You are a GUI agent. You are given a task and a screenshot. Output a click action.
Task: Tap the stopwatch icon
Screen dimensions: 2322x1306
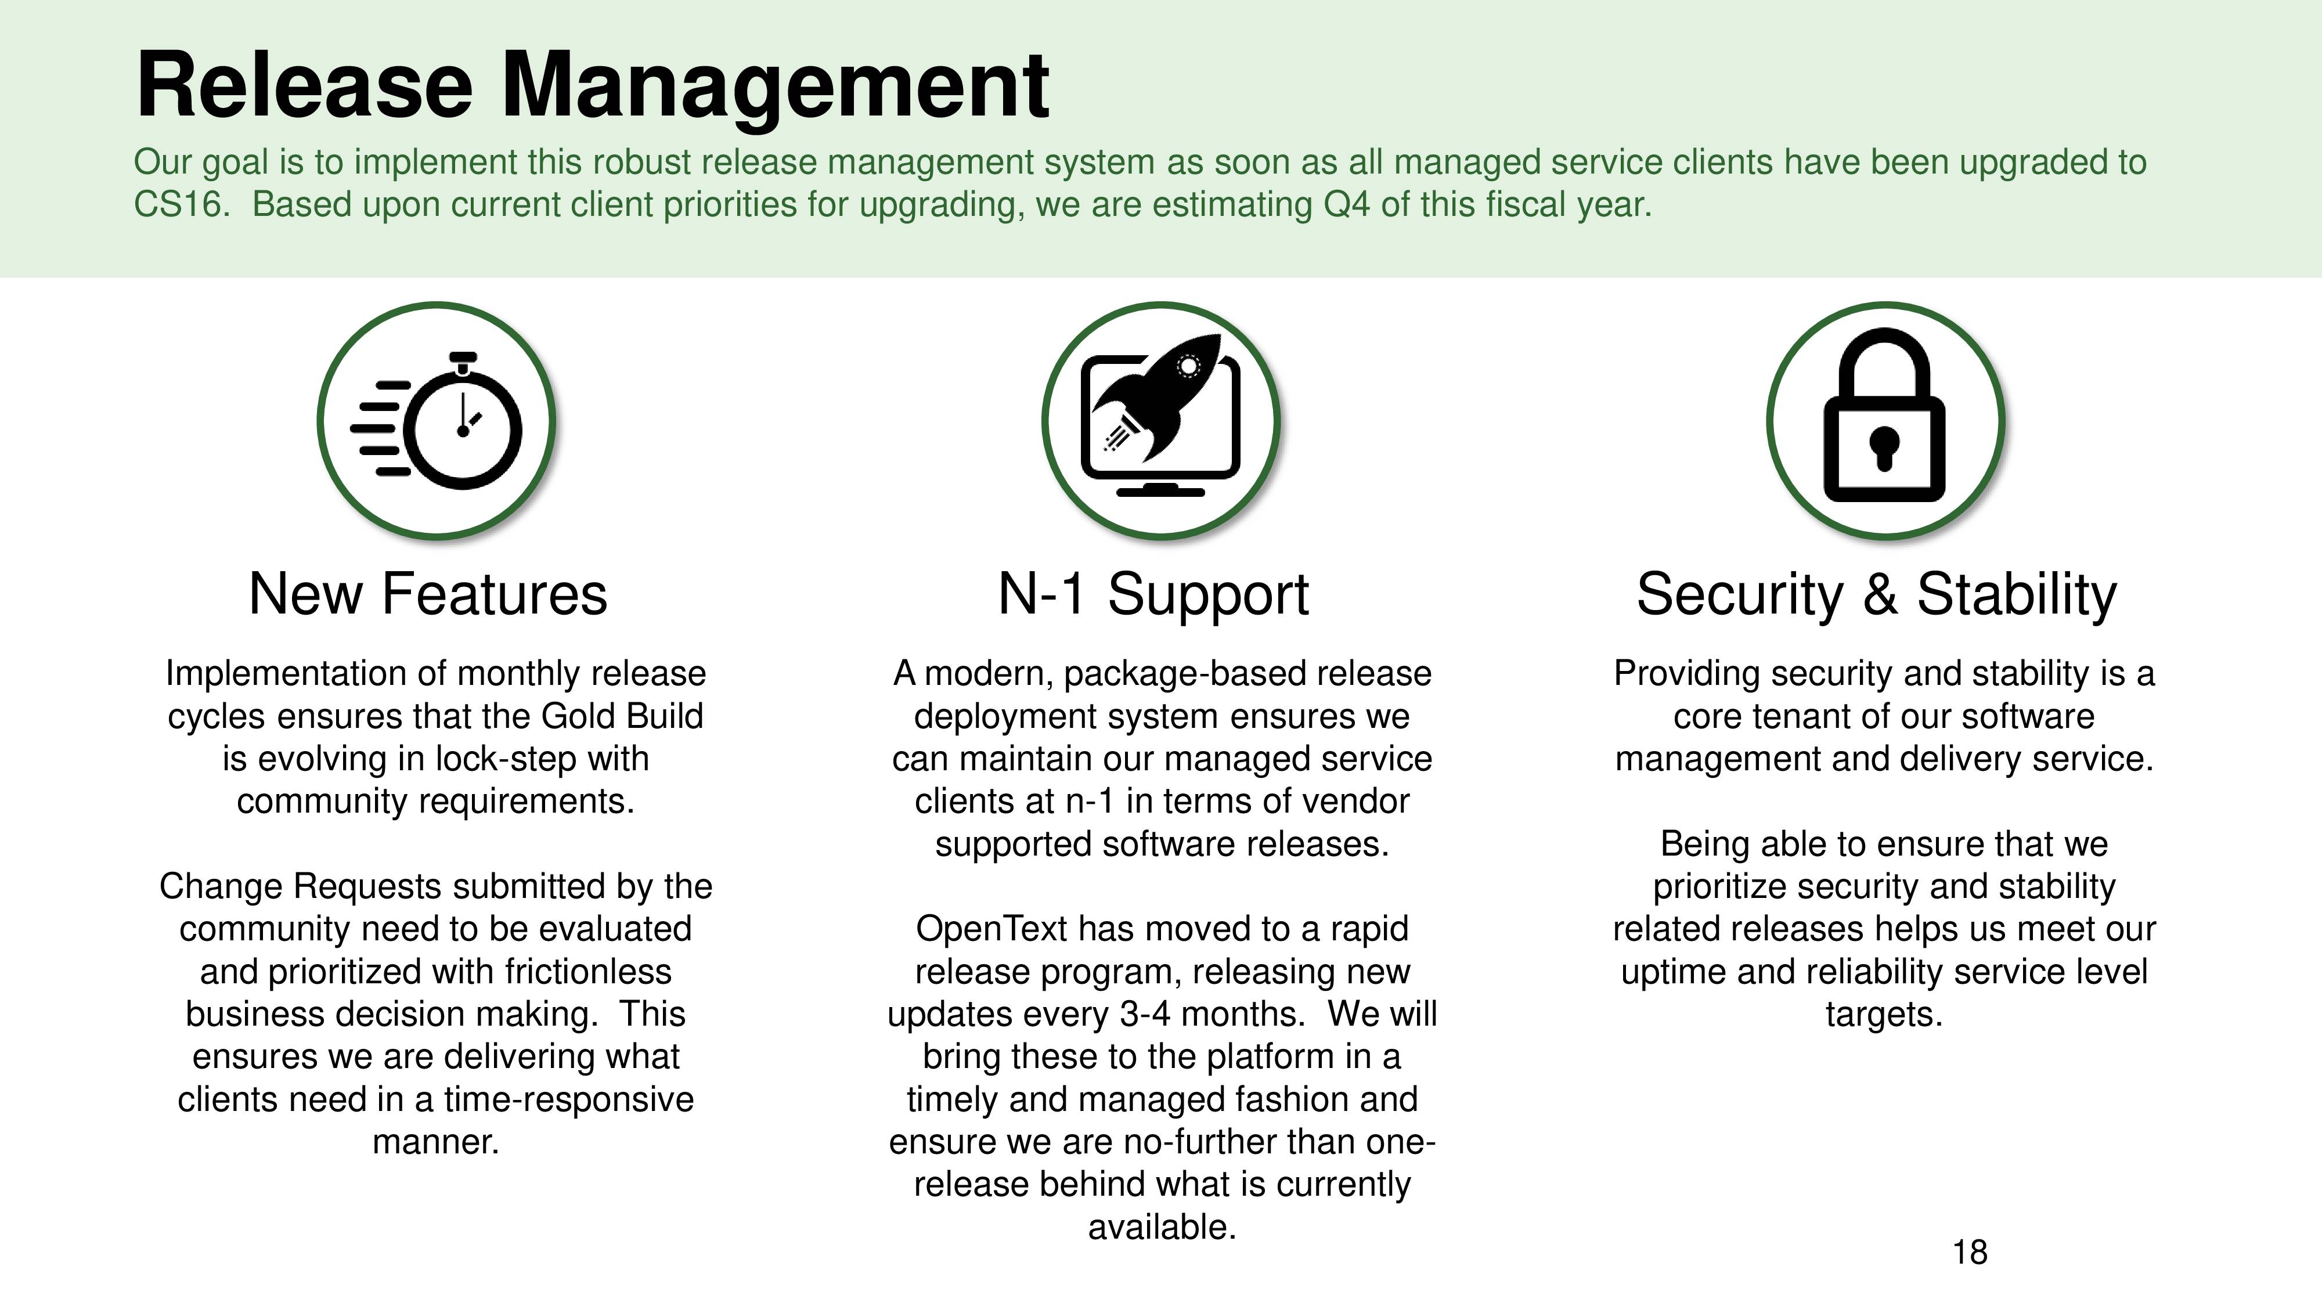tap(437, 420)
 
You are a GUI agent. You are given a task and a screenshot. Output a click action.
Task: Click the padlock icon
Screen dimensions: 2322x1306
tap(1885, 414)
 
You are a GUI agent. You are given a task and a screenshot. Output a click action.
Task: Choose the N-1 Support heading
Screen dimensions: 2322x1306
tap(1154, 595)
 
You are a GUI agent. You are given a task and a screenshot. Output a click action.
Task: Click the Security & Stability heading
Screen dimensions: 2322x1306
tap(1877, 595)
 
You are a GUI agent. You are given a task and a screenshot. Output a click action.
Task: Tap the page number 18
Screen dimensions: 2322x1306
tap(1970, 1252)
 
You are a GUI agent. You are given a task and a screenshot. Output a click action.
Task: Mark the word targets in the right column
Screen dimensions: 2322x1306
tap(1884, 1015)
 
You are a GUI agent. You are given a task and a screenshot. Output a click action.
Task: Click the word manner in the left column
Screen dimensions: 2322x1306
tap(435, 1142)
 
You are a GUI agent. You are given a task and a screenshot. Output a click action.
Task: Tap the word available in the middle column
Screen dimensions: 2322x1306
tap(1162, 1226)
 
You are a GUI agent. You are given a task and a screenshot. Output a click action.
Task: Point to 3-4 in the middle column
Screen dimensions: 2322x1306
tap(1145, 1014)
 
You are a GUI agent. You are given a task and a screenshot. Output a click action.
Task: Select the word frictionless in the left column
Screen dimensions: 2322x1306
tap(587, 972)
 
